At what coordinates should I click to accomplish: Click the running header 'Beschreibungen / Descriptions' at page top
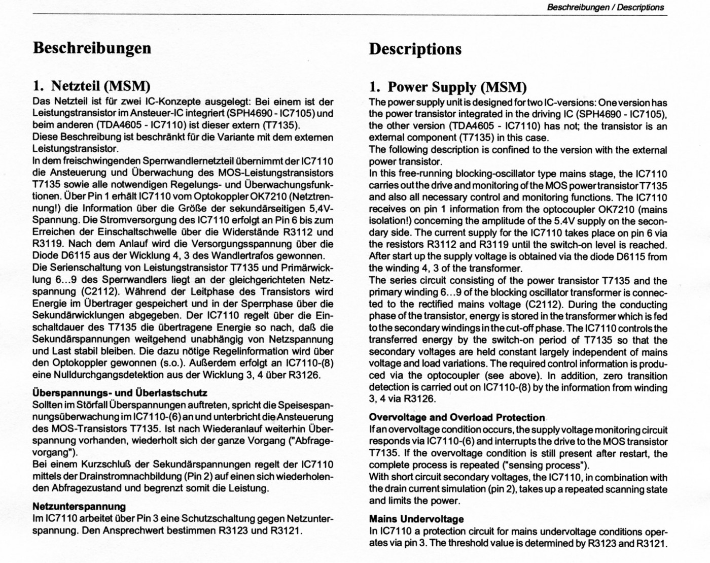(606, 8)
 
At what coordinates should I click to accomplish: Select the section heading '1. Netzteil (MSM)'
(91, 86)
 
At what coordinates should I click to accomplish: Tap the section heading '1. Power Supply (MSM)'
(448, 87)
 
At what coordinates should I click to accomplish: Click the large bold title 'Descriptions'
(415, 49)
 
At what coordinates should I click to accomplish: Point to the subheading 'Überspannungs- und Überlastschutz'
(120, 393)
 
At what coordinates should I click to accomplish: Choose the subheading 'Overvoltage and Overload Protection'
(456, 418)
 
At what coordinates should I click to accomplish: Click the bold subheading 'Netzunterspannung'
(79, 506)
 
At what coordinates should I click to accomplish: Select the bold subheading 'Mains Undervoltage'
(416, 519)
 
